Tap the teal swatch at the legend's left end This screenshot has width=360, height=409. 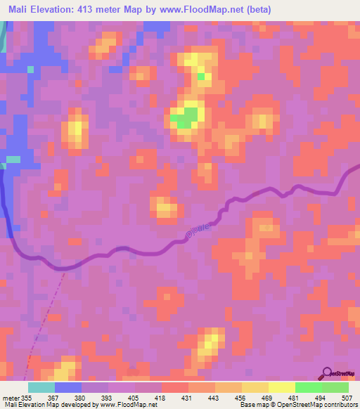click(x=41, y=388)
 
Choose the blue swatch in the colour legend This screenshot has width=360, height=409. click(x=68, y=388)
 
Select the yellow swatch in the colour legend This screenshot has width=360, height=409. click(x=282, y=388)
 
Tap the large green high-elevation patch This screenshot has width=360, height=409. click(x=186, y=117)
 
